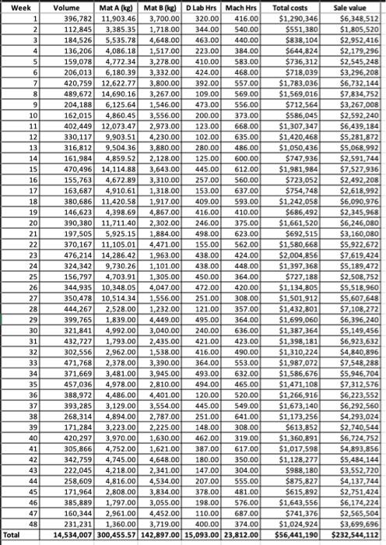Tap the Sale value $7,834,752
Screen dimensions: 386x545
coord(362,92)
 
